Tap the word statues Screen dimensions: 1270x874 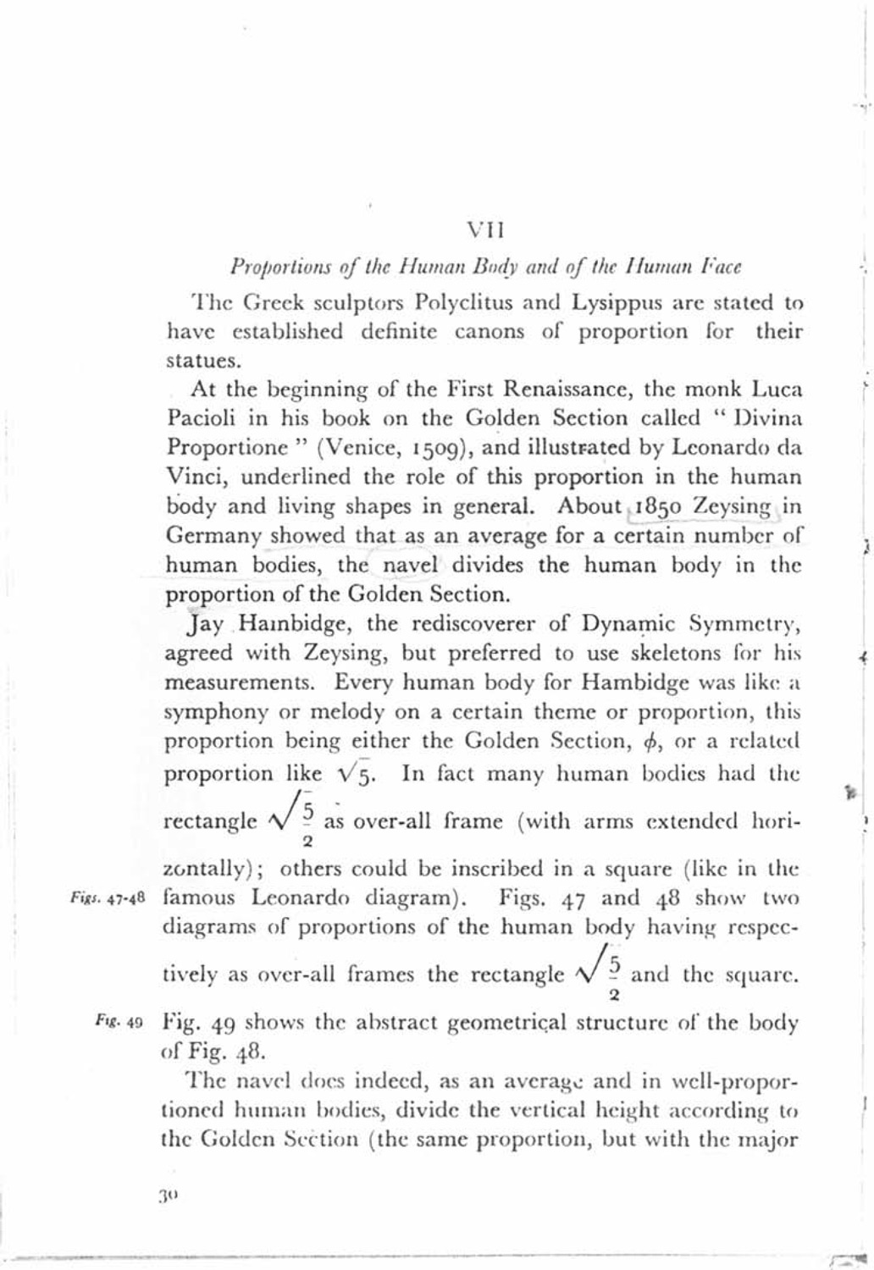[193, 360]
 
